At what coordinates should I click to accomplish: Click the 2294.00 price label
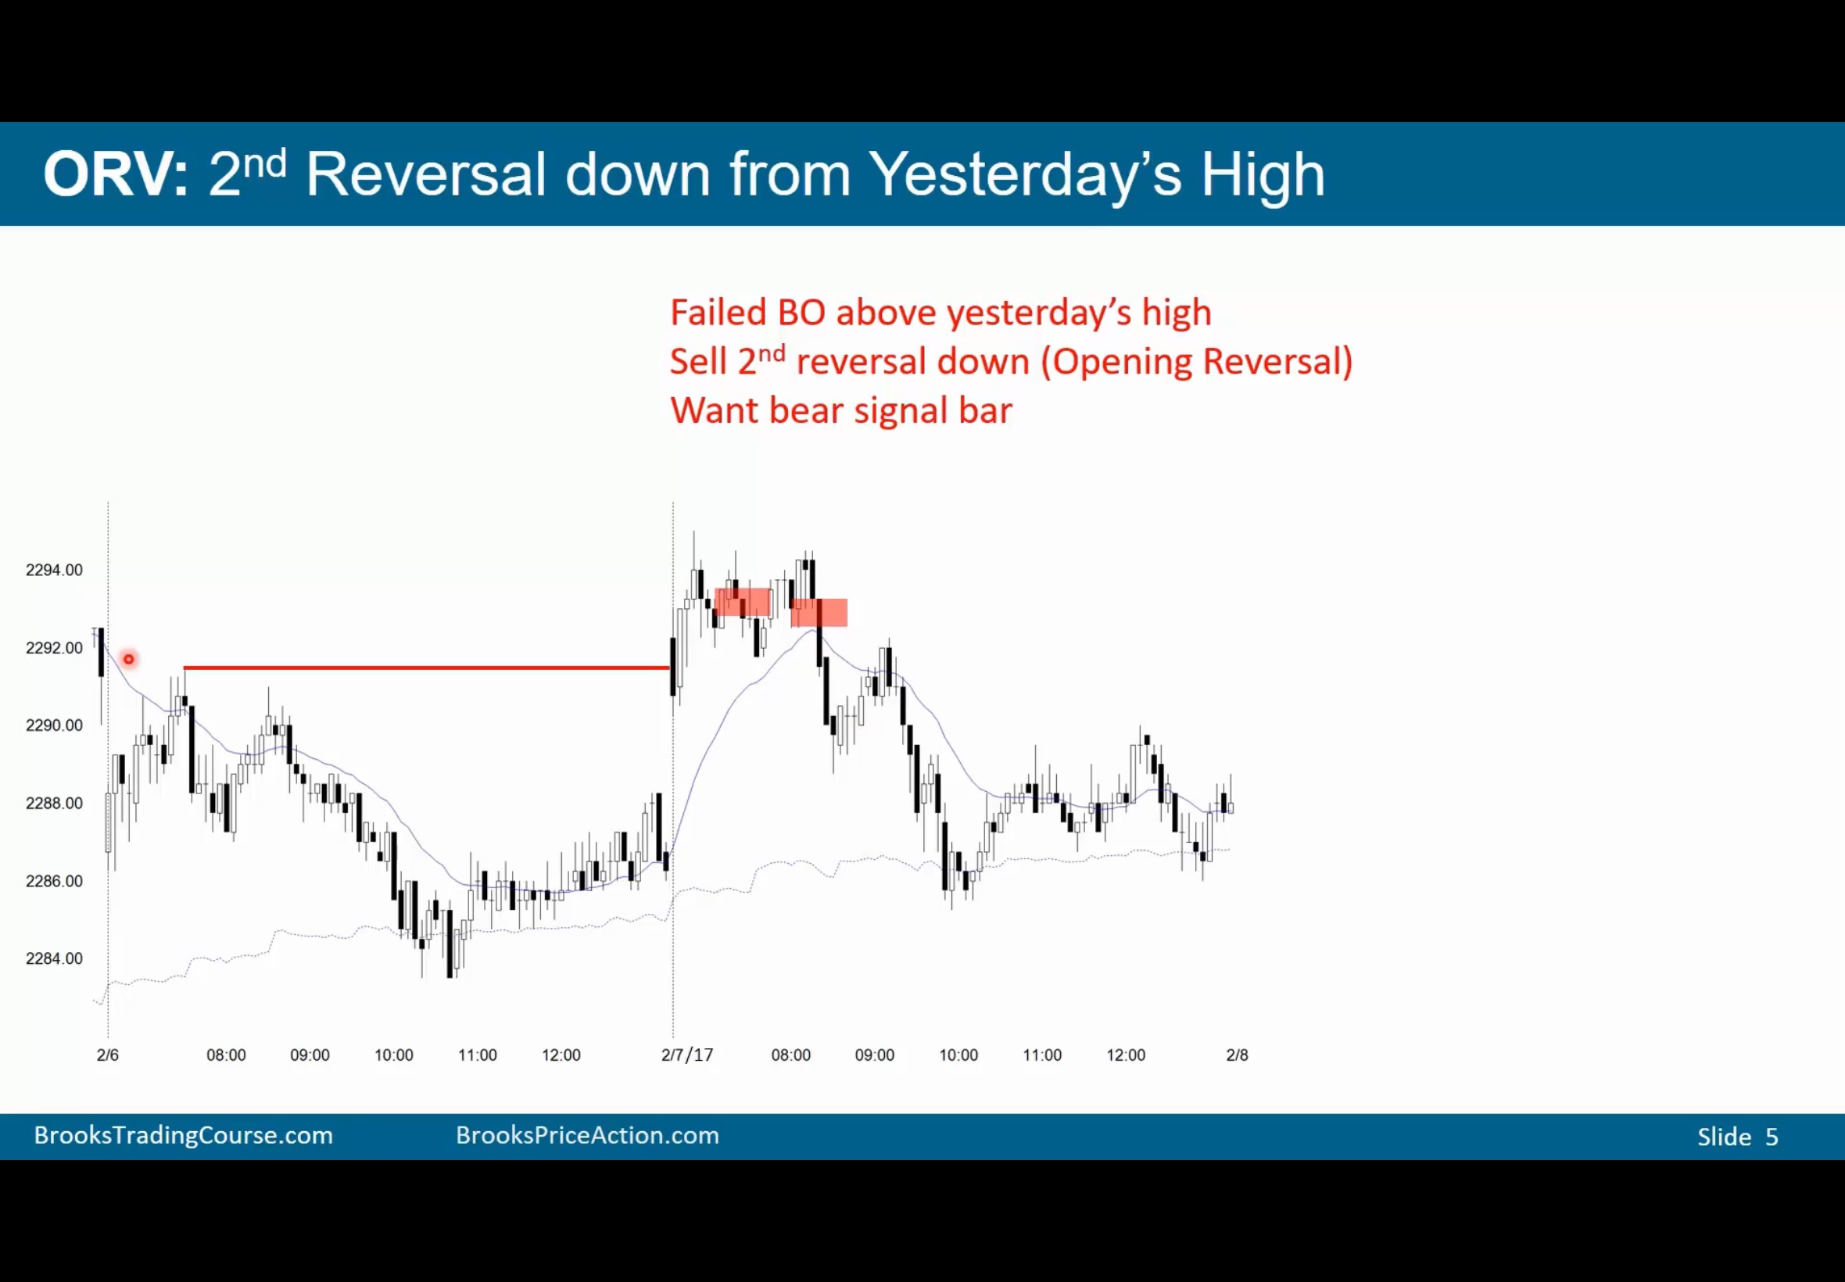tap(54, 571)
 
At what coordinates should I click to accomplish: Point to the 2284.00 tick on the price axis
tap(54, 958)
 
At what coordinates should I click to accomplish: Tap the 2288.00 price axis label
tap(54, 804)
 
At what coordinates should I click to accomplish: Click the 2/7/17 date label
tap(686, 1055)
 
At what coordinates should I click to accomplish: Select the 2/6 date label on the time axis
tap(108, 1055)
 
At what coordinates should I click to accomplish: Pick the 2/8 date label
tap(1237, 1055)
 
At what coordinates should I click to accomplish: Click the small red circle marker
tap(128, 660)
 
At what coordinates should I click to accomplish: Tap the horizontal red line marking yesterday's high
tap(427, 668)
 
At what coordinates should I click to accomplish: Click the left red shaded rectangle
tap(743, 603)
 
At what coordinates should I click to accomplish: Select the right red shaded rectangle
tap(819, 612)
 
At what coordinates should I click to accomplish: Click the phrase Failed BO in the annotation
tap(748, 313)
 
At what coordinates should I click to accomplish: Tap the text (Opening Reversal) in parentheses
tap(1197, 361)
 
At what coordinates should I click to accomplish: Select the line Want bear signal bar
tap(841, 410)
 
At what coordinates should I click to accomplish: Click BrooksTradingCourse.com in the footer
tap(183, 1135)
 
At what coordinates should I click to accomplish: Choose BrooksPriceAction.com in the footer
tap(587, 1135)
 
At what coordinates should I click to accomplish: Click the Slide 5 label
tap(1737, 1137)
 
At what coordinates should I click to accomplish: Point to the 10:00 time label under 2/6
tap(393, 1055)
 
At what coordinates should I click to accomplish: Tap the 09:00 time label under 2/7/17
tap(874, 1055)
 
